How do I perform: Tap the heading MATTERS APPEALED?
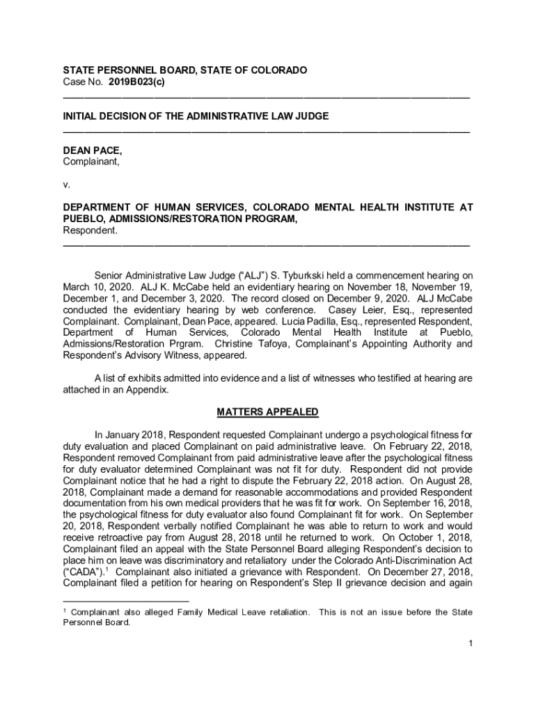coord(267,412)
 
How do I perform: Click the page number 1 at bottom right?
coord(471,643)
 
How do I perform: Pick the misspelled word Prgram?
coord(189,344)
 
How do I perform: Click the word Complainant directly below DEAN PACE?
coord(91,162)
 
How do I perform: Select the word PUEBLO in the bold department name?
coord(82,219)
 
